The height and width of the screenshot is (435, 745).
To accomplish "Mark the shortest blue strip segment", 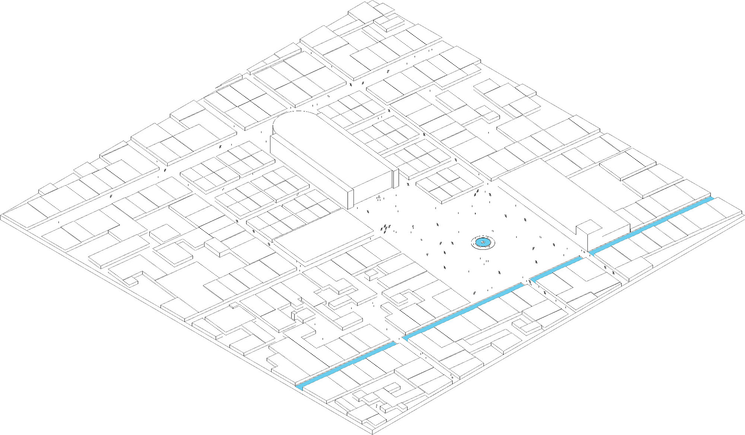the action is point(555,269).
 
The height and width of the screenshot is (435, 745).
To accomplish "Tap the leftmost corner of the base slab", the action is point(2,216).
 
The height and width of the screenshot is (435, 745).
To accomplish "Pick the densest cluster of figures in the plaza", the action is point(385,228).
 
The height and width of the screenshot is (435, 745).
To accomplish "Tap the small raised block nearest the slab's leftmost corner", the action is point(48,188).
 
